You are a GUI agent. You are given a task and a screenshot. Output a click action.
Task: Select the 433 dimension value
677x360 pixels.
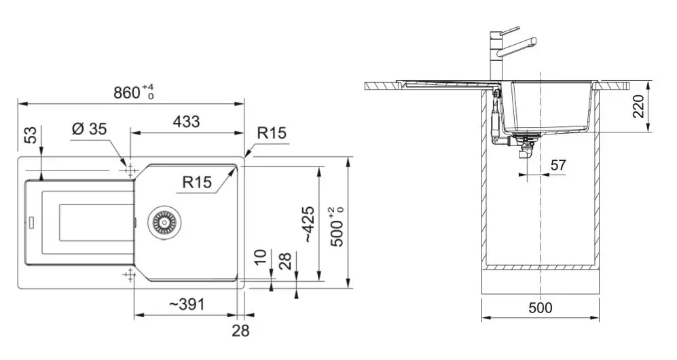tap(186, 122)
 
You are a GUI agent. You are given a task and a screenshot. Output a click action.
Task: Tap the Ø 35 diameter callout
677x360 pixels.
tap(88, 129)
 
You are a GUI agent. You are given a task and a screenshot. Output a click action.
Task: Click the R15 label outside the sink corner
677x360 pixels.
tap(272, 133)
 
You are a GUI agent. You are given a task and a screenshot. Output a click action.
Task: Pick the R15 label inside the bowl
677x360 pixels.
tap(197, 181)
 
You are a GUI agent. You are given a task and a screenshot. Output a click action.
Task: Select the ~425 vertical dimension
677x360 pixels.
tap(308, 224)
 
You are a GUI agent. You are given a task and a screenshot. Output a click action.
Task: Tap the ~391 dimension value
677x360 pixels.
tap(186, 305)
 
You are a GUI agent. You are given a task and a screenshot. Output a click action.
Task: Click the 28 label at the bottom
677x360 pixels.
tap(240, 331)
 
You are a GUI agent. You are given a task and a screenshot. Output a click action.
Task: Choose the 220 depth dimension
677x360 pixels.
tap(639, 106)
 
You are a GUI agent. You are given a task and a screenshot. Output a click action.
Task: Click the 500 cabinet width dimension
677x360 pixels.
tap(540, 308)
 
